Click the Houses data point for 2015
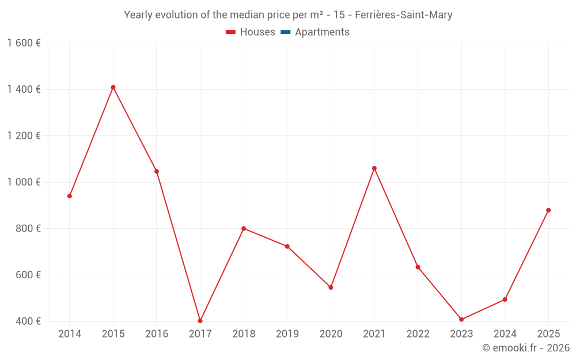click(x=113, y=88)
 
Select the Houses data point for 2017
click(x=200, y=321)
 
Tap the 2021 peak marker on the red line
click(x=374, y=168)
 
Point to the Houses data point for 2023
click(x=461, y=319)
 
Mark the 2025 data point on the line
click(x=548, y=210)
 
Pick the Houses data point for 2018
click(x=244, y=229)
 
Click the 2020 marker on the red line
click(x=331, y=287)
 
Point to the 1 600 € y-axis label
click(x=24, y=43)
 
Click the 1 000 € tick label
click(x=24, y=182)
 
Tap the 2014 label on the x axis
click(x=70, y=334)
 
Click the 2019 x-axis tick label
click(x=287, y=334)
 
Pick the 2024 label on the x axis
click(x=505, y=334)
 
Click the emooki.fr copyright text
click(x=526, y=348)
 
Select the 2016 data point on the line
click(x=157, y=171)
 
